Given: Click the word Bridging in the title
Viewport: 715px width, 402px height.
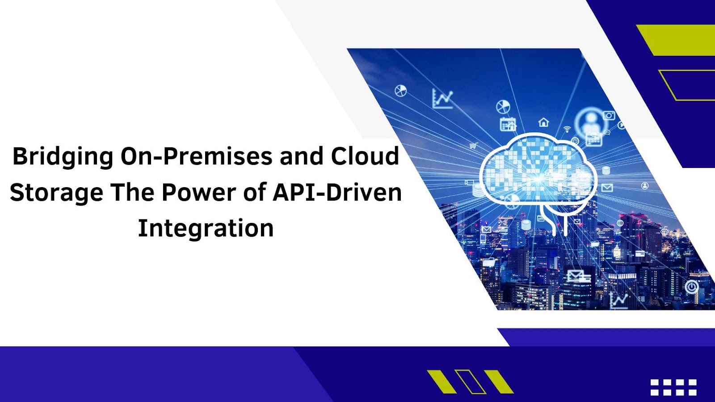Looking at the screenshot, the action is click(x=63, y=157).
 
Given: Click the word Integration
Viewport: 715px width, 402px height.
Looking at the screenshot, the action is click(x=206, y=229).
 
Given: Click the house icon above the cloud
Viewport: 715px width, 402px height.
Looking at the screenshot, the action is click(x=543, y=122).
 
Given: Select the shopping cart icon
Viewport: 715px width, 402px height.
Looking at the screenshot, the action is click(x=474, y=146).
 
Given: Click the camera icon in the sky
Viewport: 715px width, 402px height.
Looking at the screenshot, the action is click(x=609, y=115).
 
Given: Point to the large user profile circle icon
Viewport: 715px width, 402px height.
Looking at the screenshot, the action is click(x=590, y=122).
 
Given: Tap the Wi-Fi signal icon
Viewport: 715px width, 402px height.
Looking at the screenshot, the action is click(x=567, y=129).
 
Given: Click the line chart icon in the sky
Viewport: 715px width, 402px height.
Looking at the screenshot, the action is click(x=443, y=98).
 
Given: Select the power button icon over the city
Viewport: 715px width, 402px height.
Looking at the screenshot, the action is click(x=692, y=287).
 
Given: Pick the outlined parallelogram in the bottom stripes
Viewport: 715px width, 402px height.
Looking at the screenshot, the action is click(x=470, y=381).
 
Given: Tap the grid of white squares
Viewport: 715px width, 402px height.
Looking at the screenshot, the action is click(x=673, y=387).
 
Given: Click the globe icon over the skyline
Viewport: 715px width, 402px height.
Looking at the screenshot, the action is click(x=620, y=223).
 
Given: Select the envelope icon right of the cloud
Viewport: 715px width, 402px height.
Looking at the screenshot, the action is click(x=607, y=188).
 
